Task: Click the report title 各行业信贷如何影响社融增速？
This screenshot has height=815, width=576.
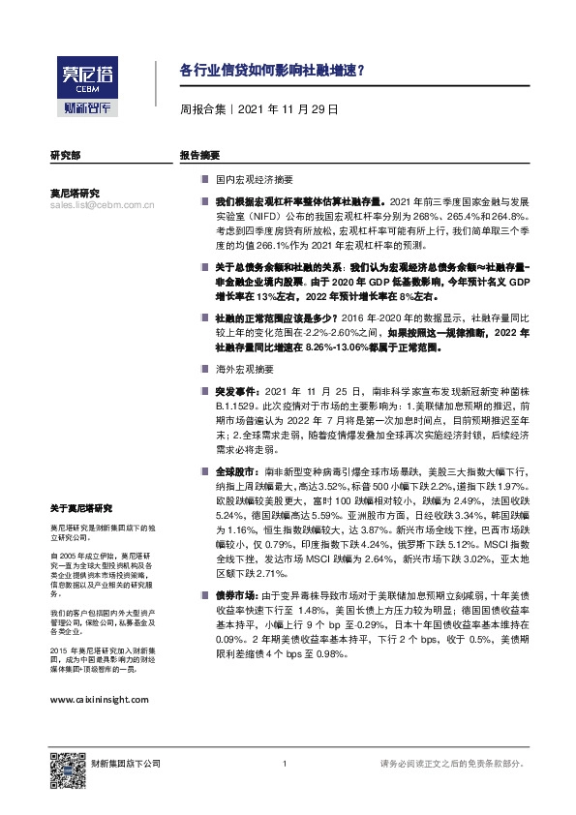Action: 273,71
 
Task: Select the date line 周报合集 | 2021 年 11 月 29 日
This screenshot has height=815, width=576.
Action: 259,110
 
